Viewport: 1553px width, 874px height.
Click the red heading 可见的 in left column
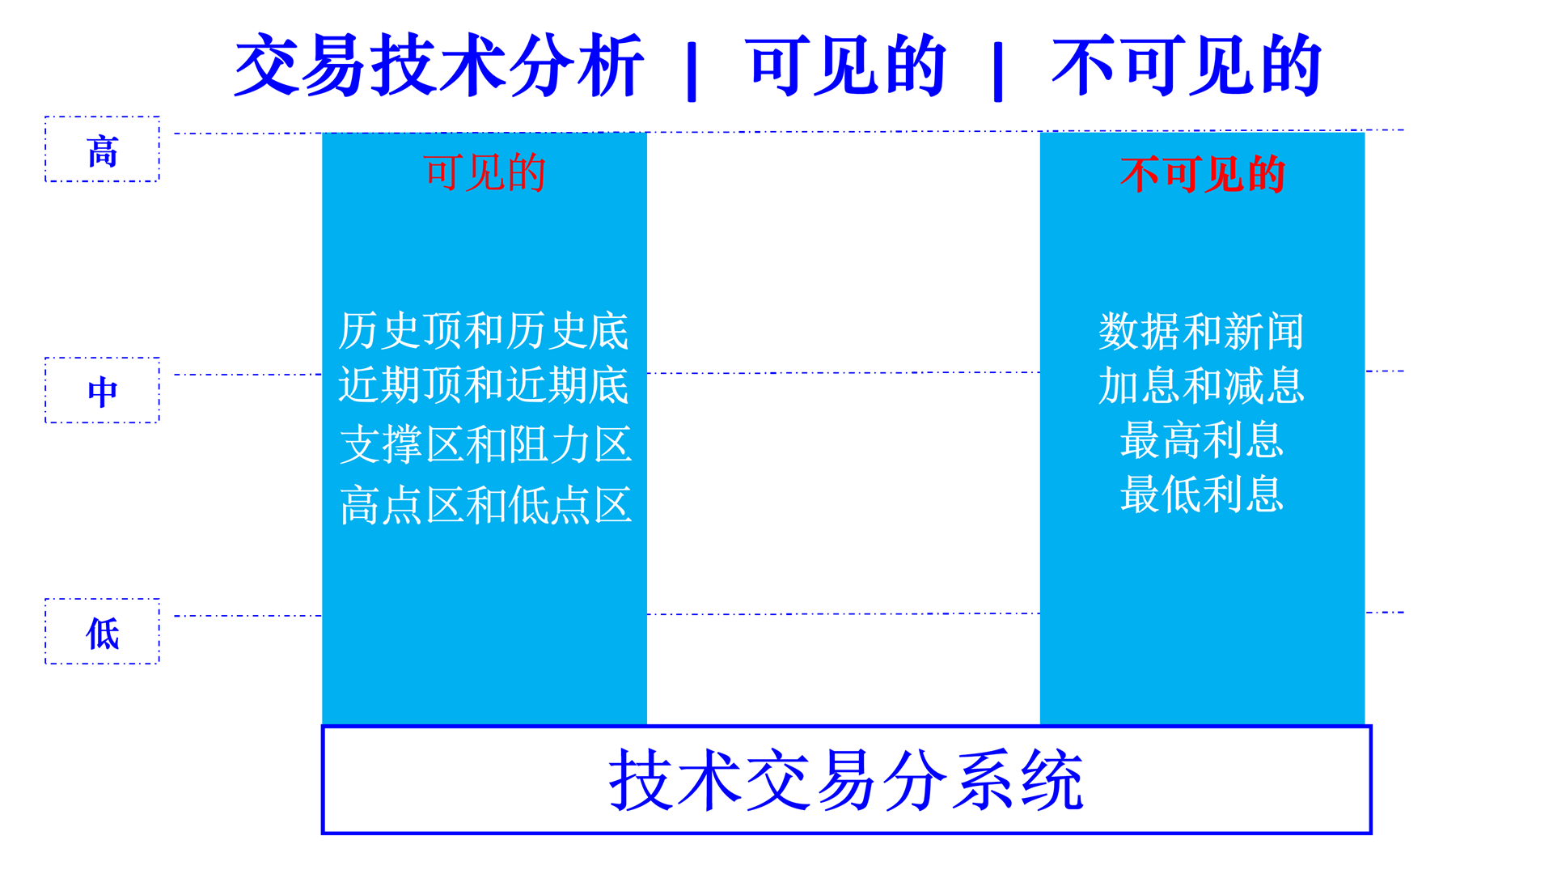[485, 173]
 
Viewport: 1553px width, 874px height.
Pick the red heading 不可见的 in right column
[1202, 174]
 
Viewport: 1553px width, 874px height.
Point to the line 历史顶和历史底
[484, 331]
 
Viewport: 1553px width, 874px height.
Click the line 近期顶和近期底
[484, 385]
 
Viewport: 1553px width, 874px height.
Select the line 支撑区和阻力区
[485, 445]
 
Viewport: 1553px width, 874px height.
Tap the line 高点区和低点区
[485, 506]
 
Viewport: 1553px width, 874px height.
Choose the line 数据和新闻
[1201, 332]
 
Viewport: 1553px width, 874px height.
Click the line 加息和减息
[1201, 386]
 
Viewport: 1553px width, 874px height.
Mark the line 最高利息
[1202, 440]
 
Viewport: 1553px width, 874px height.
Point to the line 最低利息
[1202, 494]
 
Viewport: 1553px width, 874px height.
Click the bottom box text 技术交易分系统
[846, 780]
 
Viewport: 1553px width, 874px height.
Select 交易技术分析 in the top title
[439, 66]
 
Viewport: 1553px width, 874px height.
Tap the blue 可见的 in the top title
[845, 66]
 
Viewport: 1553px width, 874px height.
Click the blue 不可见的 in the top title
[1187, 66]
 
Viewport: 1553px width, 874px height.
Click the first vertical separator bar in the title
[692, 72]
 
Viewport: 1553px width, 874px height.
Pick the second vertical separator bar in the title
[998, 72]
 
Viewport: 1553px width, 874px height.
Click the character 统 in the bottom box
[1052, 780]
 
